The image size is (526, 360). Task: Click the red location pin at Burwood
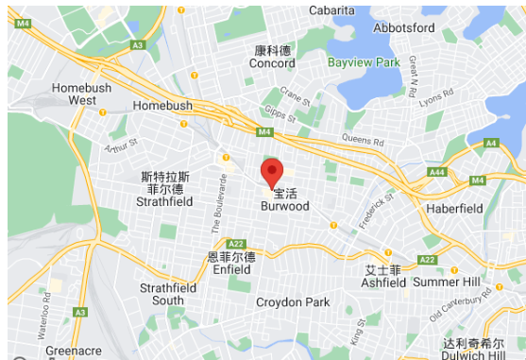point(272,173)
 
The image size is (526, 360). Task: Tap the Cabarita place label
point(299,10)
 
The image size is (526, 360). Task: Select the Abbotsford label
point(404,27)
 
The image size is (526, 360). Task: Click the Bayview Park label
point(364,62)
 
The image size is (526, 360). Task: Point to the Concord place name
point(272,63)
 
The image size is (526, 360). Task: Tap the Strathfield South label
point(161,294)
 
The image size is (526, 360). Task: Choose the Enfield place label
point(231,269)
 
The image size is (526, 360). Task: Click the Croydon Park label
point(293,302)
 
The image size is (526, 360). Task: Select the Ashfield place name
point(383,282)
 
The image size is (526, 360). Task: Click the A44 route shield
point(436,172)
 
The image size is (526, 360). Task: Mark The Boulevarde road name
point(219,202)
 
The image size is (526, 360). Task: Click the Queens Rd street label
point(363,138)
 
